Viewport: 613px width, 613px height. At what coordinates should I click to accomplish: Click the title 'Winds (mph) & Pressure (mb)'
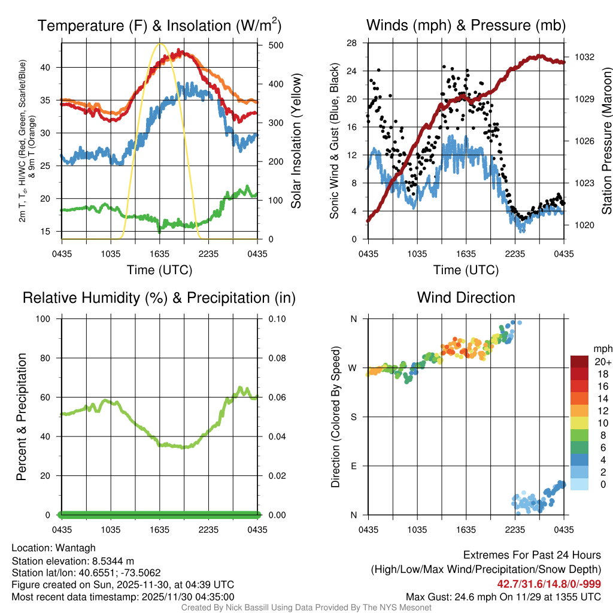click(x=466, y=26)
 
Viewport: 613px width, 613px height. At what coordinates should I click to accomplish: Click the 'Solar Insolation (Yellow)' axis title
click(x=296, y=141)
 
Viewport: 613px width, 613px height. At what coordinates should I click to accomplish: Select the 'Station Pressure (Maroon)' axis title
click(x=606, y=141)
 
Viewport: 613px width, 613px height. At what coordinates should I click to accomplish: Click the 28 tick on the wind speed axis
click(x=352, y=43)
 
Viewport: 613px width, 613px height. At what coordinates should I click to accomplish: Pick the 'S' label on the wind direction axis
click(x=354, y=417)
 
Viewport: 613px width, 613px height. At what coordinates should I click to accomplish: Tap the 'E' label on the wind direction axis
click(x=354, y=466)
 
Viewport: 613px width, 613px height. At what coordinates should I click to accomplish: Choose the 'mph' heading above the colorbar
click(x=602, y=348)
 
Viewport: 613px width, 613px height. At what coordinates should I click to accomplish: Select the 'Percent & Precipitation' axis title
click(x=21, y=417)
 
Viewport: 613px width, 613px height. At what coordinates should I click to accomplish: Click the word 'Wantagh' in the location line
click(x=76, y=548)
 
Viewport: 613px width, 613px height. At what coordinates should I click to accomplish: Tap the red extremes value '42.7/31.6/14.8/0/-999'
click(x=549, y=584)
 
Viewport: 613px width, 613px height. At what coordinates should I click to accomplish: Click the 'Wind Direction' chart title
click(x=466, y=298)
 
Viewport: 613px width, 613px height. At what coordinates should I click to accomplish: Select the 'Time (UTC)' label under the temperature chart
click(x=159, y=270)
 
